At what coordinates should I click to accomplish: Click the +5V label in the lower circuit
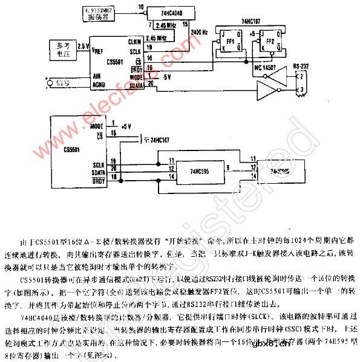pyautogui.click(x=126, y=126)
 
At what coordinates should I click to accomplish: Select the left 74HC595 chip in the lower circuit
pyautogui.click(x=191, y=170)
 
